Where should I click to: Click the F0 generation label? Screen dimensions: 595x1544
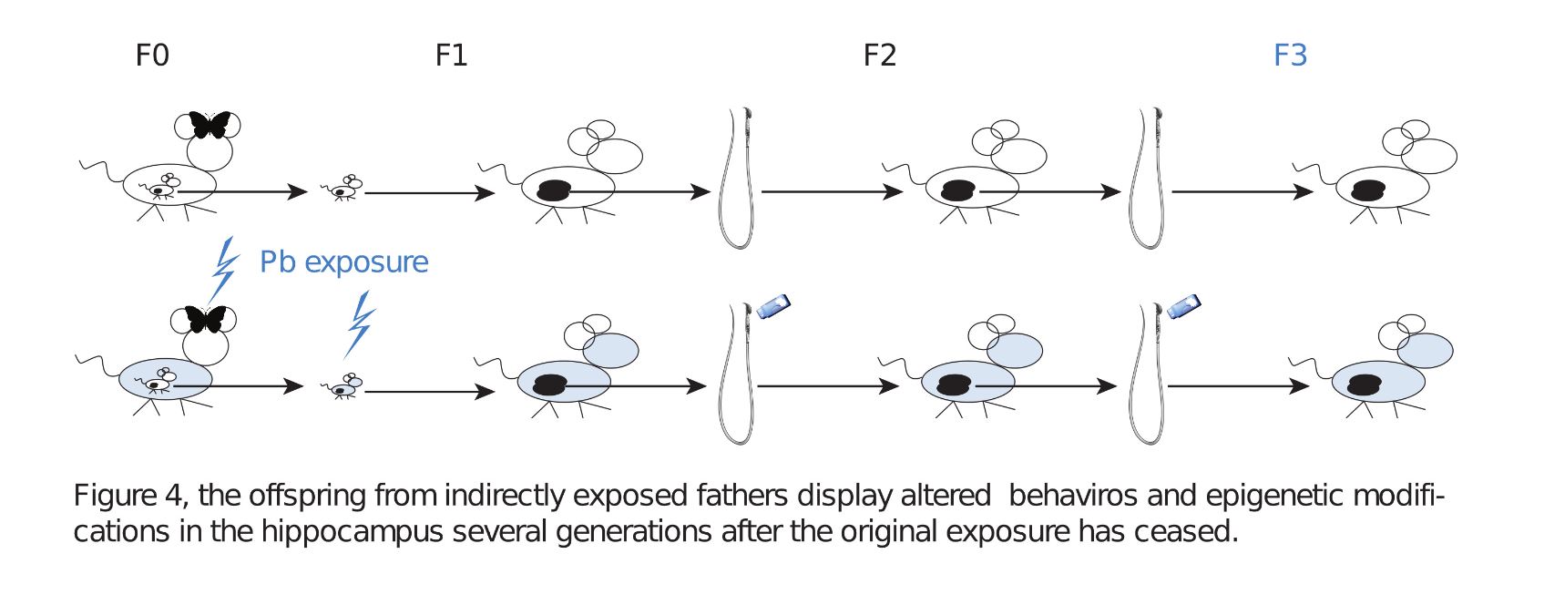click(x=152, y=56)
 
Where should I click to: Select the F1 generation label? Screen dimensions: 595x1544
click(x=451, y=56)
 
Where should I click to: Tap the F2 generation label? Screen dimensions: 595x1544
click(x=879, y=56)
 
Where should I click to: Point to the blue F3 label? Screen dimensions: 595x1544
click(x=1290, y=56)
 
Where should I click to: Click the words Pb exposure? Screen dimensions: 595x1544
click(x=343, y=262)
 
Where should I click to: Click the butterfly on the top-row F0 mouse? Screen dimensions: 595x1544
click(x=210, y=124)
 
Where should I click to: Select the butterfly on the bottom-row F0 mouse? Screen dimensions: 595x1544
click(x=205, y=319)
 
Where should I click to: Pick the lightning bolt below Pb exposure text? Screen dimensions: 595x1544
click(x=360, y=324)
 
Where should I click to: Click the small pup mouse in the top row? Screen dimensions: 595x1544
click(x=343, y=189)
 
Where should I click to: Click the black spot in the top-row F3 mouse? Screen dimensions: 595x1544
click(x=1368, y=190)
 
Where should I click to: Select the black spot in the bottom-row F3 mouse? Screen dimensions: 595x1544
click(x=1365, y=385)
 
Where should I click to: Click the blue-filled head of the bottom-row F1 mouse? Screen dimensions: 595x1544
click(x=610, y=349)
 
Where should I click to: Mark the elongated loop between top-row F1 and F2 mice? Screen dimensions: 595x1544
click(x=738, y=179)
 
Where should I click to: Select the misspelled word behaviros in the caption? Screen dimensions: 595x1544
click(x=1072, y=496)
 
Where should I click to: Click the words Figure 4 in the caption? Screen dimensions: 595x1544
click(x=128, y=496)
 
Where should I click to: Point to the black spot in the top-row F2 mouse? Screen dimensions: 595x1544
click(x=957, y=190)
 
